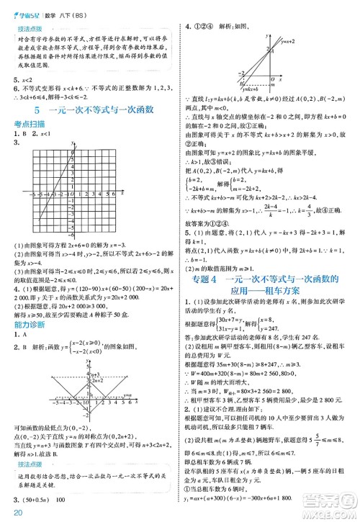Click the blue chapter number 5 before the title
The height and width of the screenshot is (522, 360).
[x=36, y=111]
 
